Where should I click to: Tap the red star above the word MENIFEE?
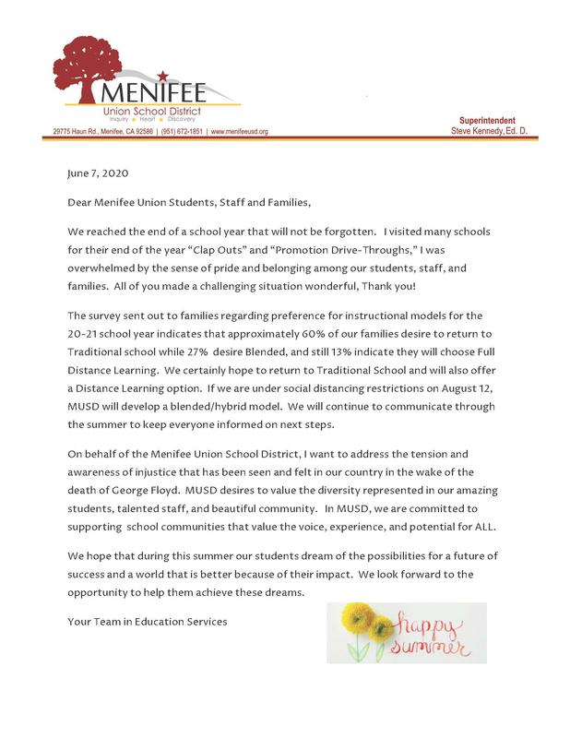click(x=162, y=75)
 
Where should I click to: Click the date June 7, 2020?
click(x=98, y=173)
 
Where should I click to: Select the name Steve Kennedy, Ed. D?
click(x=493, y=132)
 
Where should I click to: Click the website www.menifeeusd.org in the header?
click(x=240, y=132)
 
